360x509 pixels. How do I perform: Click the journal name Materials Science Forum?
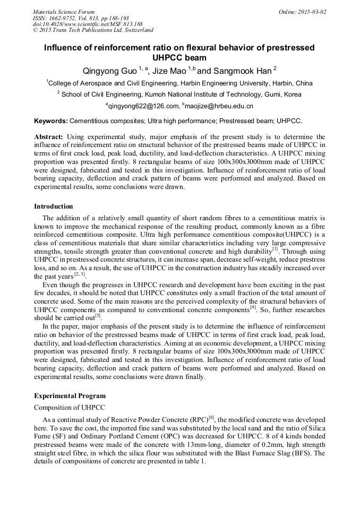64,12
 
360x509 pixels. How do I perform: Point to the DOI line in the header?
88,24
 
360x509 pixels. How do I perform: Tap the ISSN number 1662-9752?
65,18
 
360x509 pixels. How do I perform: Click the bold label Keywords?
51,121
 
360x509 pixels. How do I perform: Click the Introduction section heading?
54,206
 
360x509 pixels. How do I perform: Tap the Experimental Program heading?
70,395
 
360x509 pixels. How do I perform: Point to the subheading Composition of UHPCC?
70,407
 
